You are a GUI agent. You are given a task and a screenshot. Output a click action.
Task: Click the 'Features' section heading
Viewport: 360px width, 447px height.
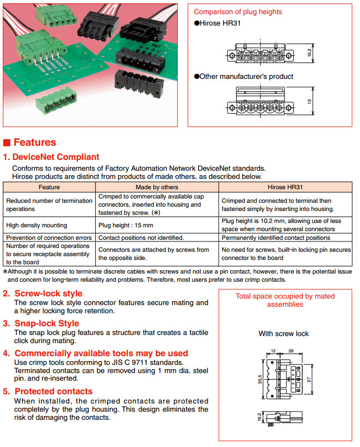coord(35,142)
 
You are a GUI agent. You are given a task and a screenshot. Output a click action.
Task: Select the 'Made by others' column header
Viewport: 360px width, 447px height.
coord(158,187)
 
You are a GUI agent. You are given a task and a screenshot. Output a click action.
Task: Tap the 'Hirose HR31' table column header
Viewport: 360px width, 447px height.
coord(285,187)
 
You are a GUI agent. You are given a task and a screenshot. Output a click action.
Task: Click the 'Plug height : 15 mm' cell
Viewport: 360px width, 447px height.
coord(126,225)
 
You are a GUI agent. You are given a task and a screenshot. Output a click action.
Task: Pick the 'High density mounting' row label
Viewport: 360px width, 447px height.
coord(36,225)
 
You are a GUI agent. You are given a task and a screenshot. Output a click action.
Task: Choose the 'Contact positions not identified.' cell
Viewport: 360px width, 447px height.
coord(141,238)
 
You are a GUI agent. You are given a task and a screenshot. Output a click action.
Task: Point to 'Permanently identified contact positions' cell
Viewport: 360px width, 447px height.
coord(276,238)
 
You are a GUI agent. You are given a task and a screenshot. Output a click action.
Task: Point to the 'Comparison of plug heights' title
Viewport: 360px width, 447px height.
coord(238,11)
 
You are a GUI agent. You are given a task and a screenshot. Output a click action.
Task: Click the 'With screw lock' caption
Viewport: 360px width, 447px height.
coord(283,333)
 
